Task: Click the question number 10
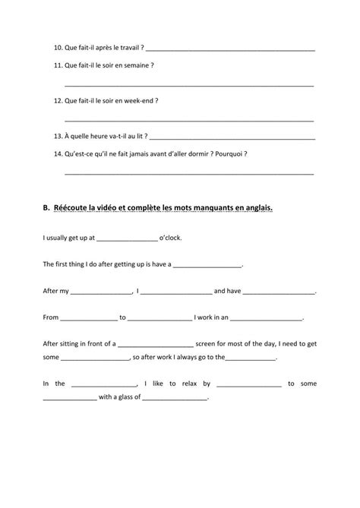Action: point(59,48)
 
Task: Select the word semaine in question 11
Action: point(139,65)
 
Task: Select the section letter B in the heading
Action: point(46,207)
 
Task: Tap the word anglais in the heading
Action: point(257,207)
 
